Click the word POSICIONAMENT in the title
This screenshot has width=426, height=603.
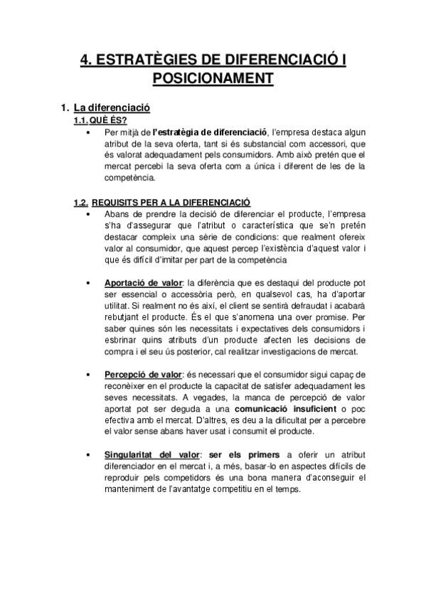point(213,77)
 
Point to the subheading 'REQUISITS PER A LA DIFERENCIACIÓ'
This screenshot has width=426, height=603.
point(171,203)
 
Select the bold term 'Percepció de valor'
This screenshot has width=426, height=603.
point(143,374)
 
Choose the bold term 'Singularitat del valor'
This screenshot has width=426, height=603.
point(151,454)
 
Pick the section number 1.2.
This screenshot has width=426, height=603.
point(81,203)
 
